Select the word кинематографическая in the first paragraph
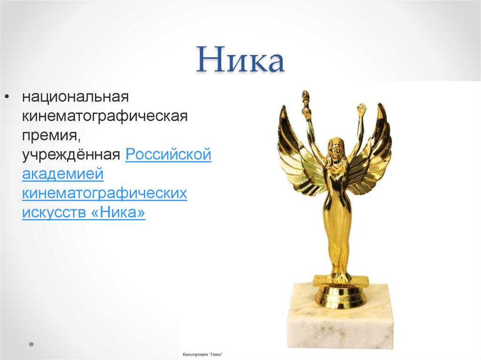pyautogui.click(x=104, y=116)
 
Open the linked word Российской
pyautogui.click(x=168, y=155)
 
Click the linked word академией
pyautogui.click(x=62, y=174)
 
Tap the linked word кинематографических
pyautogui.click(x=104, y=193)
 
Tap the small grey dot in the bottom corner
pyautogui.click(x=31, y=344)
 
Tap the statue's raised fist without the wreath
pyautogui.click(x=361, y=111)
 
